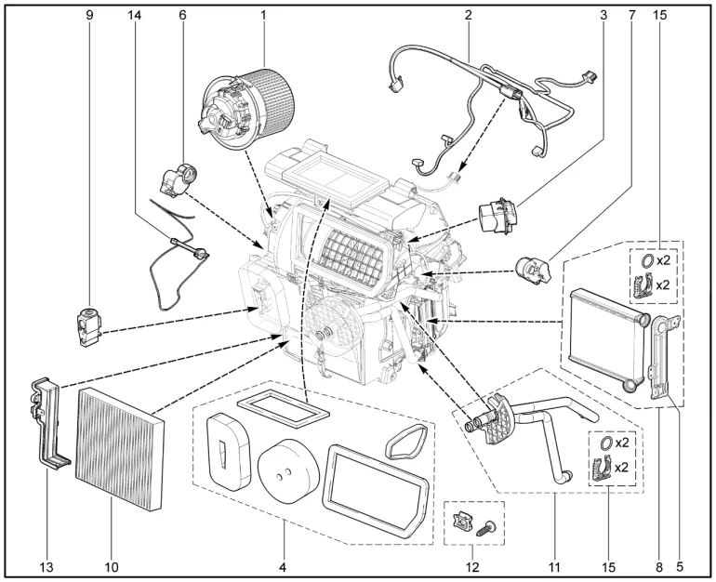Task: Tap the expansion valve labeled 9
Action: click(88, 326)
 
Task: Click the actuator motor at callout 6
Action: click(178, 179)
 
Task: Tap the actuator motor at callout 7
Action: click(533, 271)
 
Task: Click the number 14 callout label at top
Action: click(134, 15)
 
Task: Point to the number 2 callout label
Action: click(468, 15)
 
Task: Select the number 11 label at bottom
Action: click(554, 567)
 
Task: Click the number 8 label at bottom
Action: click(659, 567)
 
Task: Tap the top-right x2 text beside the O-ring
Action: click(663, 260)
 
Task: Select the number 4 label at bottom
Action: click(283, 567)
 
